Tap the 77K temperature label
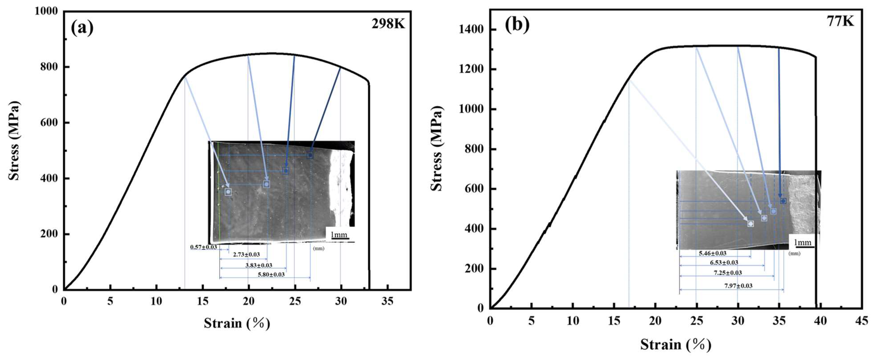[x=840, y=21]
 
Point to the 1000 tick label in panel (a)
[x=46, y=11]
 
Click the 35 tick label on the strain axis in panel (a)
[x=387, y=301]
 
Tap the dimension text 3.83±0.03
[x=259, y=265]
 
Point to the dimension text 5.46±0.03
[x=712, y=253]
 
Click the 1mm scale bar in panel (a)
[x=339, y=236]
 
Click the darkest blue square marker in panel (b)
[x=783, y=201]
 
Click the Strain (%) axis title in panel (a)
[x=237, y=323]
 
